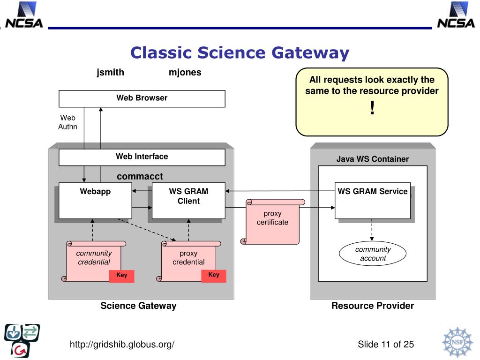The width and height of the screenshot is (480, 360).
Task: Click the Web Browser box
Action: (142, 98)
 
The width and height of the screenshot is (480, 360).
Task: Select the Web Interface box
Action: (142, 157)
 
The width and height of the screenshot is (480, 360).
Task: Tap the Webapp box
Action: (95, 201)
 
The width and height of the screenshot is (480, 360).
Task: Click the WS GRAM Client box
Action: (188, 201)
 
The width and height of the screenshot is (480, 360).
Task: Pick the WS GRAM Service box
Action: (373, 201)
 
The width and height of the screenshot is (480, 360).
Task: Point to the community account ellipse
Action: (373, 254)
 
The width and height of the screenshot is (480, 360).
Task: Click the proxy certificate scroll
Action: (272, 222)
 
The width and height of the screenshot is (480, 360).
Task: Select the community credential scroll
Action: (94, 261)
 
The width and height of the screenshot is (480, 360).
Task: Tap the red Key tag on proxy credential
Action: (214, 276)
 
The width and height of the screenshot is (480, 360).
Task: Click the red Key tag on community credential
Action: (121, 276)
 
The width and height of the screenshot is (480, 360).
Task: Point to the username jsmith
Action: (110, 73)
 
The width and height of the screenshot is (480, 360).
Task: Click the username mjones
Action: (185, 73)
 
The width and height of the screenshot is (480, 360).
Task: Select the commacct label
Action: (140, 176)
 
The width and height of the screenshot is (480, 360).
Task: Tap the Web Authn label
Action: (67, 122)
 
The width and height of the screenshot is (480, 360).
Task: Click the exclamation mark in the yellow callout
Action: (372, 108)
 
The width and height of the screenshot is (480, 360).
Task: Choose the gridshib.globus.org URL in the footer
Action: (122, 345)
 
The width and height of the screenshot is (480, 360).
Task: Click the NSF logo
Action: (457, 342)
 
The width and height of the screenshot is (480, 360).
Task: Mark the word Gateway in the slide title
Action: (310, 53)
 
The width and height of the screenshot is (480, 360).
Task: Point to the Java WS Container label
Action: (373, 159)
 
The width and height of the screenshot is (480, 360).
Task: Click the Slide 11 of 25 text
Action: (386, 345)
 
